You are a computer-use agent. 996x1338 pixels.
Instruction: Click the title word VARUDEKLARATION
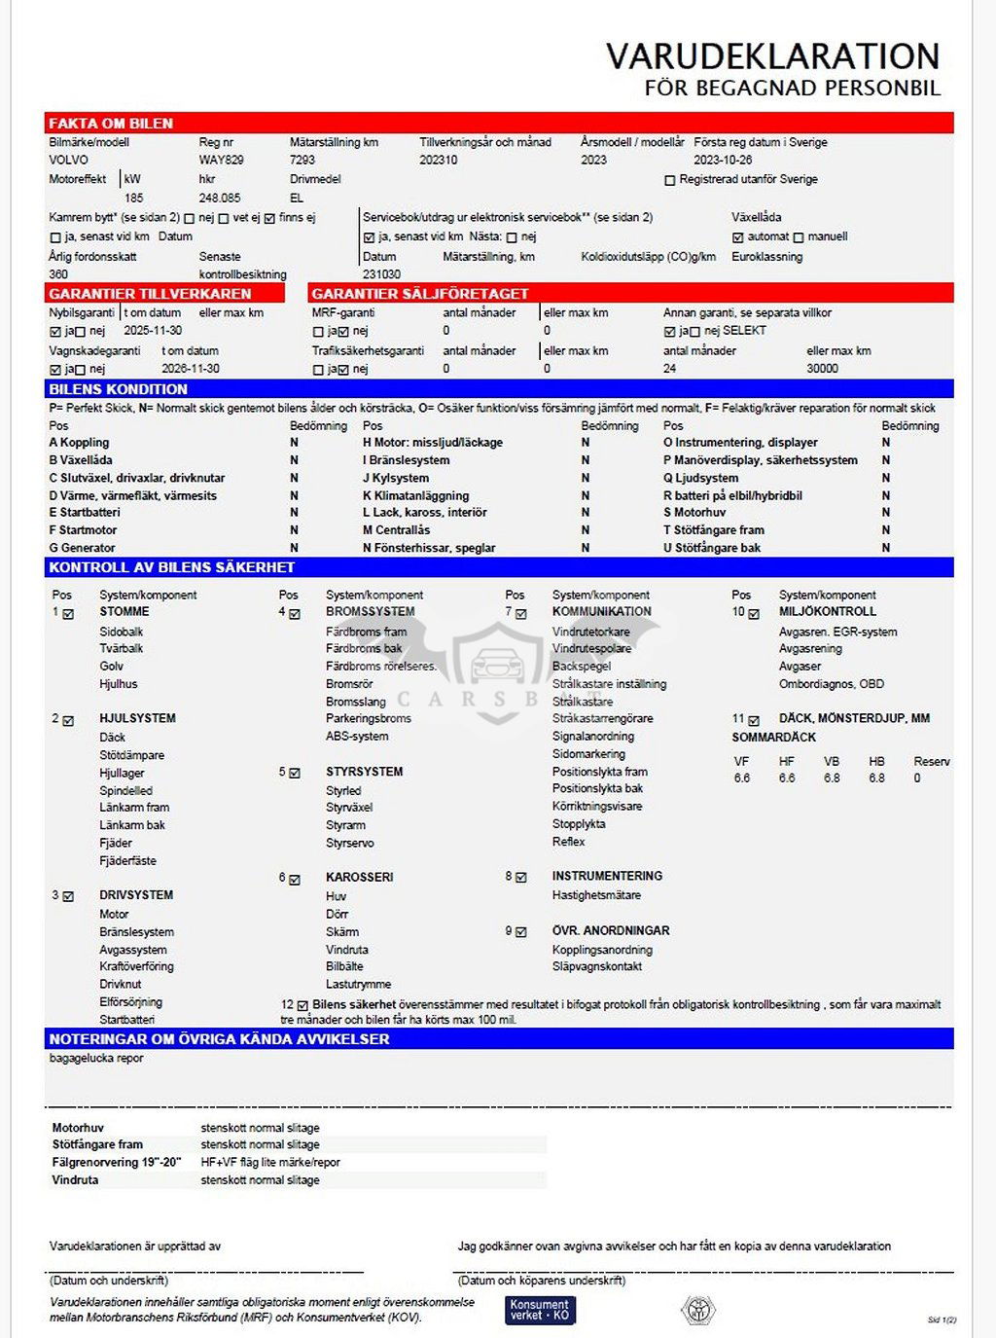tap(772, 55)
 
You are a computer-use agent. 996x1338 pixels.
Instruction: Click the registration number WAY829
tap(221, 160)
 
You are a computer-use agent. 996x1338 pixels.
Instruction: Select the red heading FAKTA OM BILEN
tap(111, 124)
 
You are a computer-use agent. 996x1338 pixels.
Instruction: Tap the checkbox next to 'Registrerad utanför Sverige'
tap(669, 180)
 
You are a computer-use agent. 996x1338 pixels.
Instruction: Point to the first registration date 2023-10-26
tap(723, 160)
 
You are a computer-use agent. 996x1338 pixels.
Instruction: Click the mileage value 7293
tap(302, 160)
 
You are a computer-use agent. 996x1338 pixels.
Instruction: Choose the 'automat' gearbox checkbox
tap(738, 237)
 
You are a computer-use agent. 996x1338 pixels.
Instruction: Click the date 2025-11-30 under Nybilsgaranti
tap(153, 331)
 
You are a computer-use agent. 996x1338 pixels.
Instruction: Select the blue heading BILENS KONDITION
tap(118, 389)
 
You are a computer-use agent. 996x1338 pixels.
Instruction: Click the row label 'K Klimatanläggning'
tap(415, 495)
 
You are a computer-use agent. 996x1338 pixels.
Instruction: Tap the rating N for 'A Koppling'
tap(294, 443)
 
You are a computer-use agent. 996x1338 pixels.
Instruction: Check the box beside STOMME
tap(68, 614)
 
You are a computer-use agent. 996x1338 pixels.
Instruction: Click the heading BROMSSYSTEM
tap(370, 612)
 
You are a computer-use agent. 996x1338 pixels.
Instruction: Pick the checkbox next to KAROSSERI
tap(295, 879)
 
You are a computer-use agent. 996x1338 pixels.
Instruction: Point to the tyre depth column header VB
tap(832, 762)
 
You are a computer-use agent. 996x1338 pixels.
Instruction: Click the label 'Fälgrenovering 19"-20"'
tap(116, 1162)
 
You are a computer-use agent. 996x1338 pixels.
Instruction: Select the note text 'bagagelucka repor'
tap(96, 1059)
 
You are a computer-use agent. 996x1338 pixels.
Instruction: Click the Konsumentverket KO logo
tap(540, 1310)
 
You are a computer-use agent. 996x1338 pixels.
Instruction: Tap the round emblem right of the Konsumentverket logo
tap(697, 1310)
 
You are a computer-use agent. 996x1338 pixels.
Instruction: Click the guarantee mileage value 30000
tap(822, 369)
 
